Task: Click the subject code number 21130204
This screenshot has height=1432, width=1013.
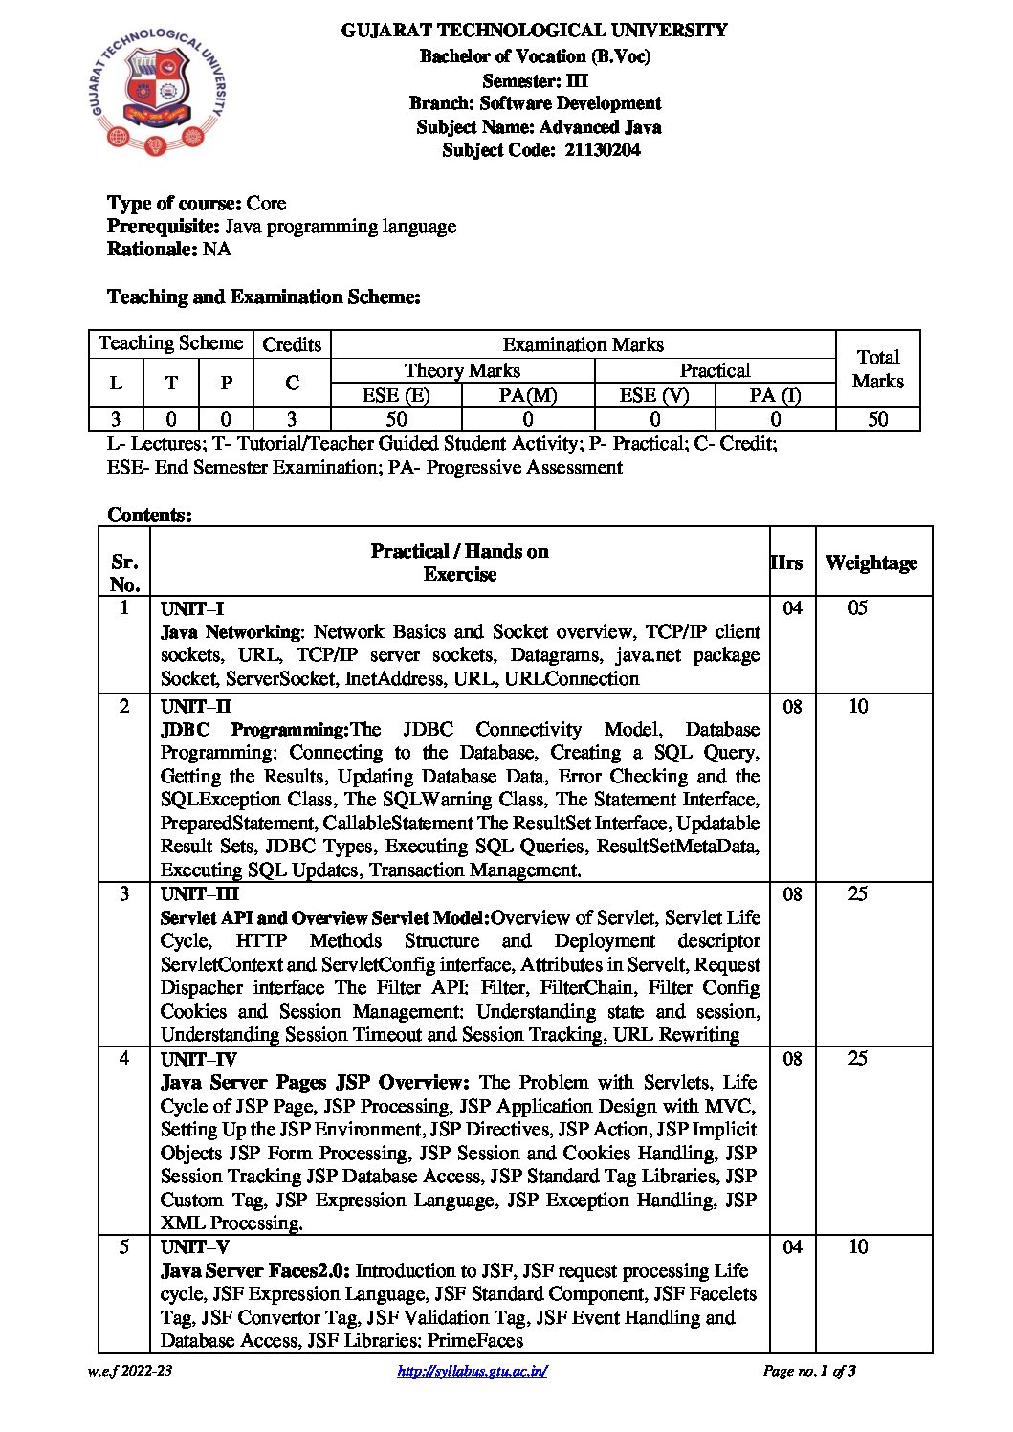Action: point(603,150)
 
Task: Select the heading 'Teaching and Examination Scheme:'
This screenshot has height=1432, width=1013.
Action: point(263,297)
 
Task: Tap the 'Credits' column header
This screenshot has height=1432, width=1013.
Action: point(292,344)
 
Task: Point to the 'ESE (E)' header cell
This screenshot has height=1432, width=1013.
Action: point(395,395)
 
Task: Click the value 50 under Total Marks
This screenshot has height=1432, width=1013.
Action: point(877,419)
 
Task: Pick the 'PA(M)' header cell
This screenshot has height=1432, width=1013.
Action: point(527,395)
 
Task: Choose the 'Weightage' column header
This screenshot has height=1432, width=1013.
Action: point(870,562)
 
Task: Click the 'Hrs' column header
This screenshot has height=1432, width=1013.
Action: point(786,562)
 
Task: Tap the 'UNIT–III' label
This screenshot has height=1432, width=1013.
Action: point(199,894)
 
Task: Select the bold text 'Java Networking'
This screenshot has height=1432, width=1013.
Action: point(231,632)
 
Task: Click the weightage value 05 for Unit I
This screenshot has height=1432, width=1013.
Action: point(857,608)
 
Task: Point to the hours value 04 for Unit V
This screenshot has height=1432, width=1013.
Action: point(792,1247)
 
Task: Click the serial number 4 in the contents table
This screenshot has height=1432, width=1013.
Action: point(123,1059)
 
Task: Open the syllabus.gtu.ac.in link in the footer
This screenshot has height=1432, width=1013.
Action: point(472,1372)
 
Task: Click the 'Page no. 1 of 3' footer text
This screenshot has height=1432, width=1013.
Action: point(808,1372)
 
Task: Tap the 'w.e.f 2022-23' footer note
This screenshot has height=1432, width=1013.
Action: point(130,1372)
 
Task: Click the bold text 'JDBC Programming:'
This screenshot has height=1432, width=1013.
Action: point(254,730)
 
